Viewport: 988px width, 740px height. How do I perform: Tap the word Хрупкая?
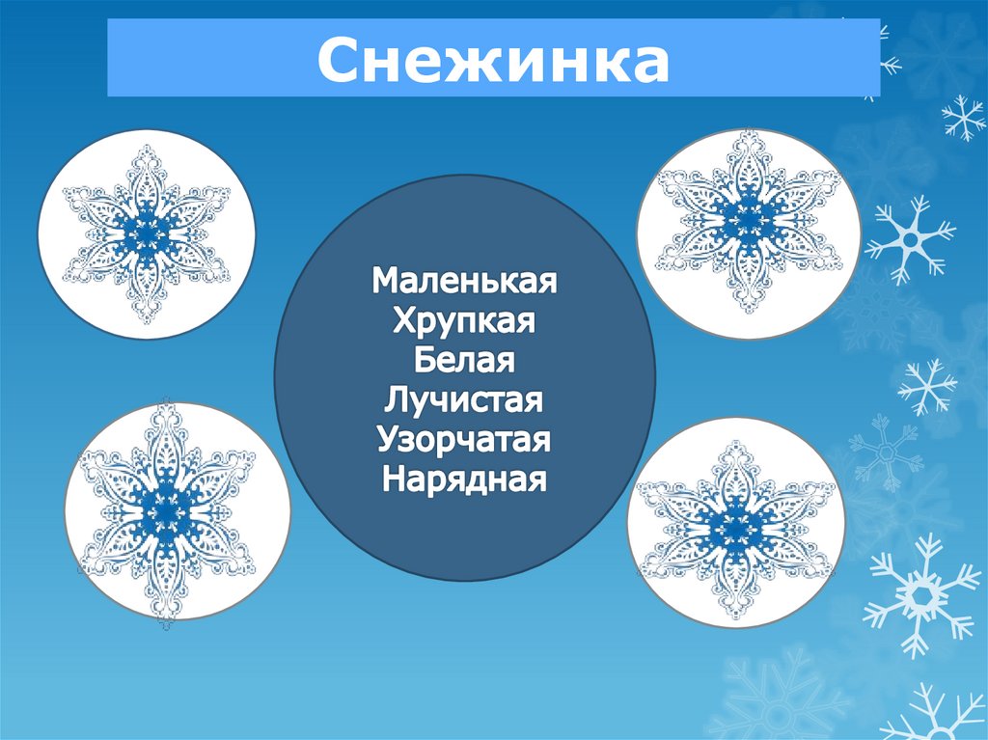click(464, 320)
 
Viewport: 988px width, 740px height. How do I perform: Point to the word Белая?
click(464, 360)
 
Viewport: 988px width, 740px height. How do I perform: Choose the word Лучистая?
click(464, 399)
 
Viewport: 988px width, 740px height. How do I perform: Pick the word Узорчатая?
click(464, 439)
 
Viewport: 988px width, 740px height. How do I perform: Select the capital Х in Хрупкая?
click(404, 320)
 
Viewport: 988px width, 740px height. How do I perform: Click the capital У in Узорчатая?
click(388, 439)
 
